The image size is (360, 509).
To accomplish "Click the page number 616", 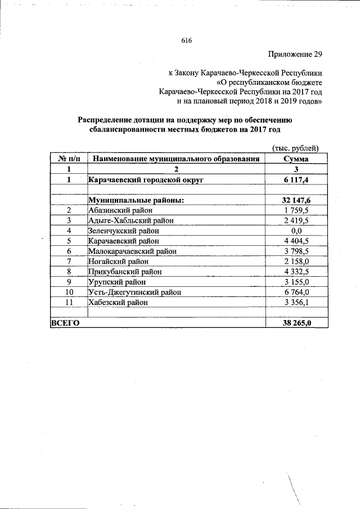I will (187, 41).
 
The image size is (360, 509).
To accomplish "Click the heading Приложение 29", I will (293, 55).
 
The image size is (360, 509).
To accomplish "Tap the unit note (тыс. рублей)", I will (296, 148).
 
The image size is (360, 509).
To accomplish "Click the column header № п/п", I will (68, 159).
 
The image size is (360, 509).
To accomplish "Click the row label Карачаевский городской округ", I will (145, 179).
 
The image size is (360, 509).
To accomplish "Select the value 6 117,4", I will (296, 179).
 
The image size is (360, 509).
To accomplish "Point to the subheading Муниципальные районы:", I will (137, 200).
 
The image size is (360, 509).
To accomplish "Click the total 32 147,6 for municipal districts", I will (296, 200).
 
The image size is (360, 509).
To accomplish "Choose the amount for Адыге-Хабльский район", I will (296, 220).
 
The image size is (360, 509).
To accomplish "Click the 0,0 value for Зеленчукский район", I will (296, 231).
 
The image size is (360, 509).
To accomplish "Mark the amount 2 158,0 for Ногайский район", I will (296, 262).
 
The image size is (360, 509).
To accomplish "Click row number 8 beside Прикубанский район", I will (68, 272).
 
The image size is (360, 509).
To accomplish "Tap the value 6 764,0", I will (296, 292).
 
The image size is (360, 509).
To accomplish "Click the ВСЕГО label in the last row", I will (65, 323).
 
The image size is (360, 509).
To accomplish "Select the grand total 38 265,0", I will (296, 323).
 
